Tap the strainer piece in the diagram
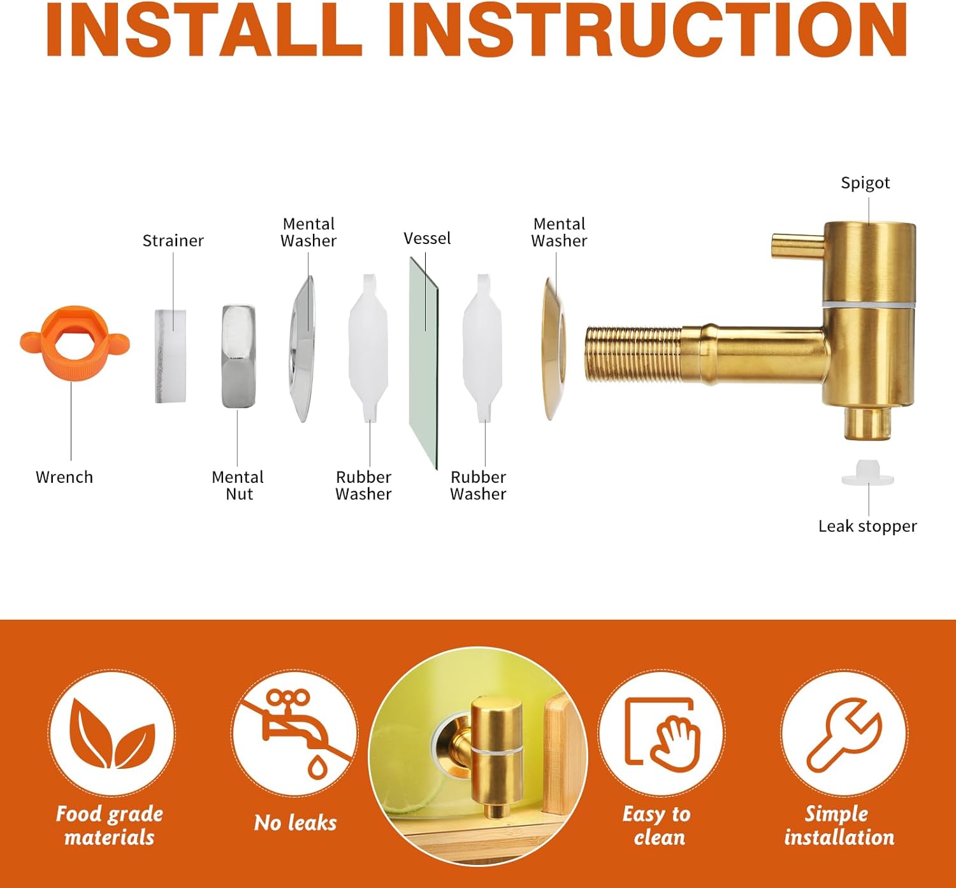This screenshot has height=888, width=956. click(x=170, y=356)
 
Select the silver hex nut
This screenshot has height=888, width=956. click(x=239, y=356)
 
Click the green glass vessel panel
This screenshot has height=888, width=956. click(x=424, y=363)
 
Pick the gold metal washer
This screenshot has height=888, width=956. click(x=554, y=348)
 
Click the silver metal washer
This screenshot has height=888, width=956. click(x=302, y=348)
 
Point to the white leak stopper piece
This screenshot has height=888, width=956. click(x=867, y=473)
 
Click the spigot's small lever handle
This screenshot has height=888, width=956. click(x=798, y=247)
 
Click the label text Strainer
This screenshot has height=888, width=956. click(x=173, y=241)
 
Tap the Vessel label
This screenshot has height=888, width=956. click(x=428, y=239)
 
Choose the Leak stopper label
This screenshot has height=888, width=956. click(x=867, y=526)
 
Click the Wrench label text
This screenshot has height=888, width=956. click(x=64, y=477)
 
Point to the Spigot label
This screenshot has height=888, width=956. click(x=865, y=183)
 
